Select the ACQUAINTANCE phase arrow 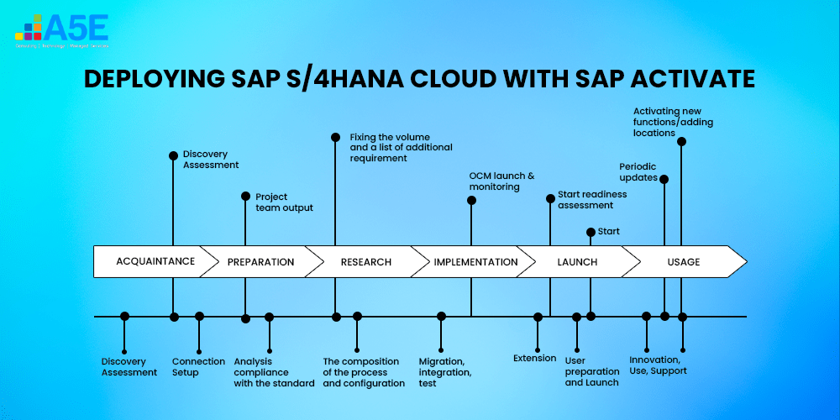(x=155, y=261)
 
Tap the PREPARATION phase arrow (x=260, y=262)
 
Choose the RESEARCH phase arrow (x=365, y=262)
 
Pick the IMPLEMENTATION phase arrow (x=475, y=262)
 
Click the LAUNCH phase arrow (x=577, y=262)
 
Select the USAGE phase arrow (x=683, y=262)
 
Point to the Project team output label (x=284, y=202)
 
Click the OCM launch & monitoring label (x=501, y=181)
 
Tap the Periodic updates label (x=638, y=172)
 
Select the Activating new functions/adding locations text (x=673, y=122)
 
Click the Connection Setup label (x=198, y=367)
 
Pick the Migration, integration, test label (x=445, y=372)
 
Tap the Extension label (x=535, y=359)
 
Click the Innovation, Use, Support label (x=658, y=366)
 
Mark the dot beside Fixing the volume (x=335, y=136)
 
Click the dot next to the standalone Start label (x=591, y=232)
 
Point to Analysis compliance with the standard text (x=274, y=372)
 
